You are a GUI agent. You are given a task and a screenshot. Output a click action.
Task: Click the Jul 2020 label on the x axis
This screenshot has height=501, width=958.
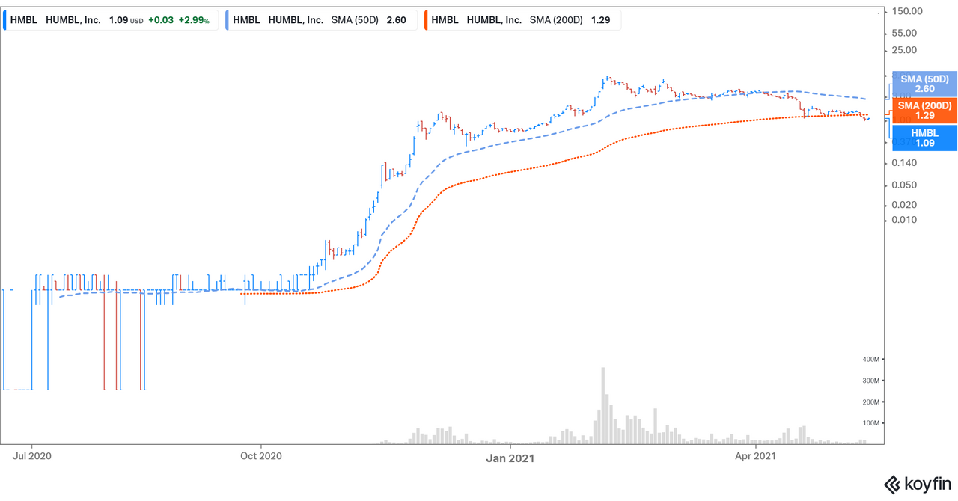[x=31, y=455]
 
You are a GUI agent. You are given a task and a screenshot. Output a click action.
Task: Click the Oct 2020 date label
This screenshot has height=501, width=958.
[x=259, y=455]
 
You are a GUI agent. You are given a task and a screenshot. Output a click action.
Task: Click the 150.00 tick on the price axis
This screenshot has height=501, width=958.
[x=906, y=11]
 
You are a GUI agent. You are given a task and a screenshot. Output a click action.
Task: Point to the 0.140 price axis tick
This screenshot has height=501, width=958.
[x=904, y=163]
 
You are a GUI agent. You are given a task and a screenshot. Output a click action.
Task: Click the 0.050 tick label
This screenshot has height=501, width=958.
[x=904, y=185]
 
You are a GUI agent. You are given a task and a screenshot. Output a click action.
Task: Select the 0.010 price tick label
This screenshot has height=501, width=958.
[x=904, y=220]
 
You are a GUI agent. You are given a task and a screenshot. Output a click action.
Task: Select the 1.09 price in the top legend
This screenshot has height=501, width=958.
[x=116, y=20]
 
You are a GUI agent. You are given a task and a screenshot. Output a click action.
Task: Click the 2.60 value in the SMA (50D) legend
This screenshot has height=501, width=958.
[x=396, y=20]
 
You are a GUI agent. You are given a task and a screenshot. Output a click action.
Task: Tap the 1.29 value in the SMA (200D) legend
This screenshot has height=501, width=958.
[x=601, y=20]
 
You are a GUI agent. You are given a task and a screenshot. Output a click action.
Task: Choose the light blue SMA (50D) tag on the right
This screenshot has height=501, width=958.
[x=924, y=84]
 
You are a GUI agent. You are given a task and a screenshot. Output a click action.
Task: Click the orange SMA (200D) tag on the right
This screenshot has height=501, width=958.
[x=924, y=111]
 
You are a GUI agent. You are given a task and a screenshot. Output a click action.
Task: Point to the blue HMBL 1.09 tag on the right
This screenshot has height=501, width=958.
[x=924, y=138]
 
